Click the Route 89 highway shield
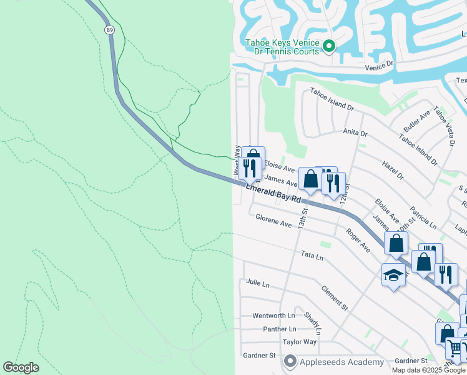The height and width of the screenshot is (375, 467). pyautogui.click(x=110, y=29)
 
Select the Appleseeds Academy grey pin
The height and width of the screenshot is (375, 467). pyautogui.click(x=290, y=361)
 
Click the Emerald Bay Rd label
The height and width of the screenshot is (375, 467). pyautogui.click(x=273, y=193)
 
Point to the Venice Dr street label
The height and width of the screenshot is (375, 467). pyautogui.click(x=381, y=64)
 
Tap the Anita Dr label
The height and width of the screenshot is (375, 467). pyautogui.click(x=355, y=133)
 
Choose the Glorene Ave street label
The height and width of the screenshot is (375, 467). pyautogui.click(x=273, y=220)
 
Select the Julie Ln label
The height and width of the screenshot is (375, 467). pyautogui.click(x=257, y=284)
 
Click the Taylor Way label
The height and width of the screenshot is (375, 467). pyautogui.click(x=300, y=342)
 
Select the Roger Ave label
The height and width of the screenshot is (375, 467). pyautogui.click(x=358, y=240)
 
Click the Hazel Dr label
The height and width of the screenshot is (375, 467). pyautogui.click(x=392, y=169)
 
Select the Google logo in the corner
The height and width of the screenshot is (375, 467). pyautogui.click(x=21, y=367)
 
